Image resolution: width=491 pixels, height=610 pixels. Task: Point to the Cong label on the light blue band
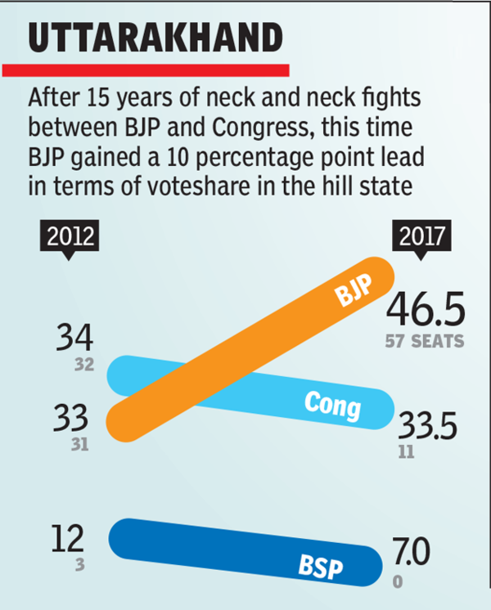coord(331,403)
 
